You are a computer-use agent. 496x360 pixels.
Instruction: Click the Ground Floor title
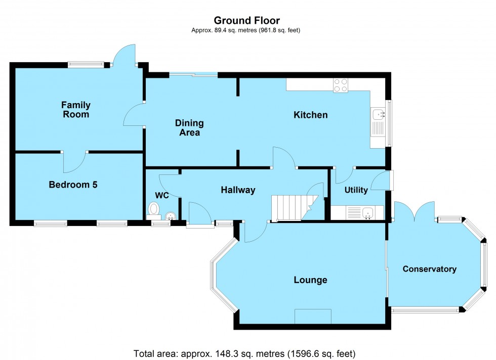[246, 20]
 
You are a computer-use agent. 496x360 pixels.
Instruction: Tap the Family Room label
[76, 110]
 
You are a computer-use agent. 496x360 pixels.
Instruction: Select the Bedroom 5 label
[73, 185]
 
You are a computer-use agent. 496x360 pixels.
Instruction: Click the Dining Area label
[189, 128]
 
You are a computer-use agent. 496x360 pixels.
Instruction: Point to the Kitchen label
[311, 115]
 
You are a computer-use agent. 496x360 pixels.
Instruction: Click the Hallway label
[238, 190]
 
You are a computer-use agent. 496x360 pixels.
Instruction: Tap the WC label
[162, 195]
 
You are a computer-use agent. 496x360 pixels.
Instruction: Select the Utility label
[356, 191]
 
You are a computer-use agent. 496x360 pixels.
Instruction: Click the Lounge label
[310, 280]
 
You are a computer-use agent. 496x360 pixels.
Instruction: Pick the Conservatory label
[429, 269]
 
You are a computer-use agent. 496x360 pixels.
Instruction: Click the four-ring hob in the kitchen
[341, 85]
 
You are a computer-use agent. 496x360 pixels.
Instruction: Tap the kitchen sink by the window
[378, 115]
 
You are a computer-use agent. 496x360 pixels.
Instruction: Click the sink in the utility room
[367, 213]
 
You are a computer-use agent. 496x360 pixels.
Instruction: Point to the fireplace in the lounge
[313, 316]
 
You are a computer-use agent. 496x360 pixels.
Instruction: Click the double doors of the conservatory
[415, 211]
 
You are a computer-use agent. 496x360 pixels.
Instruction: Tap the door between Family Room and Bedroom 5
[74, 161]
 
